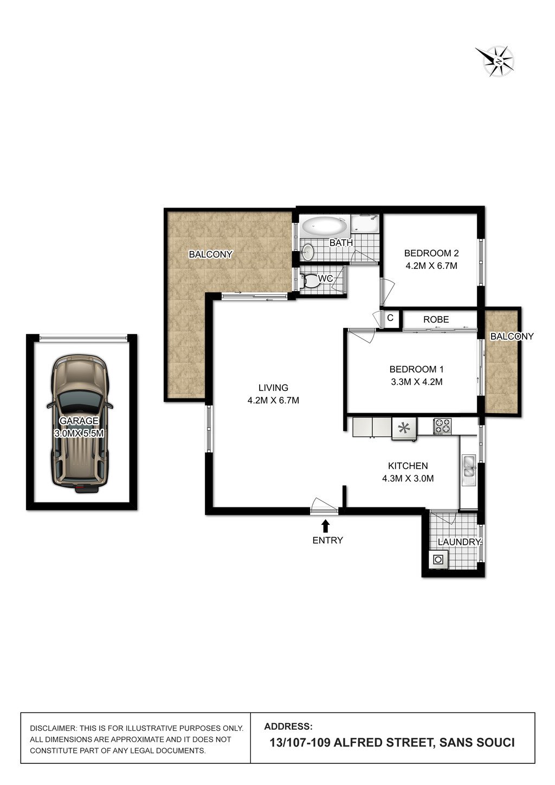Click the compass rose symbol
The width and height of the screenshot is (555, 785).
point(495,60)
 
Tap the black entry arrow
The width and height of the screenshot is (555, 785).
point(326,525)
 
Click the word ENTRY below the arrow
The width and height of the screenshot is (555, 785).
point(327,540)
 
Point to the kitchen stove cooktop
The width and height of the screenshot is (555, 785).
point(442,426)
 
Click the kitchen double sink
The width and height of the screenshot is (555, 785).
point(469,469)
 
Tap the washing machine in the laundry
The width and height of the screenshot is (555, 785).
point(438,558)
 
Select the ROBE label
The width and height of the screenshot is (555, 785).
point(436,319)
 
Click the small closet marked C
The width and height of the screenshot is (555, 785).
point(390,318)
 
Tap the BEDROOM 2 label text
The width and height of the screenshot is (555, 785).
point(431,253)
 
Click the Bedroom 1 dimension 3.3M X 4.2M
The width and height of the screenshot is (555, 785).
point(416,382)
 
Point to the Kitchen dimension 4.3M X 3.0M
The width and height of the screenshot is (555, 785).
point(408,479)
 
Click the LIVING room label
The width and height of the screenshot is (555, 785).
point(273,388)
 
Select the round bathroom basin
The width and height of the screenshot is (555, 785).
point(308,252)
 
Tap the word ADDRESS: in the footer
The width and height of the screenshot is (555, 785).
point(288,726)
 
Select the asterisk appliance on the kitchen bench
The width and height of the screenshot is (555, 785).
point(403,428)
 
